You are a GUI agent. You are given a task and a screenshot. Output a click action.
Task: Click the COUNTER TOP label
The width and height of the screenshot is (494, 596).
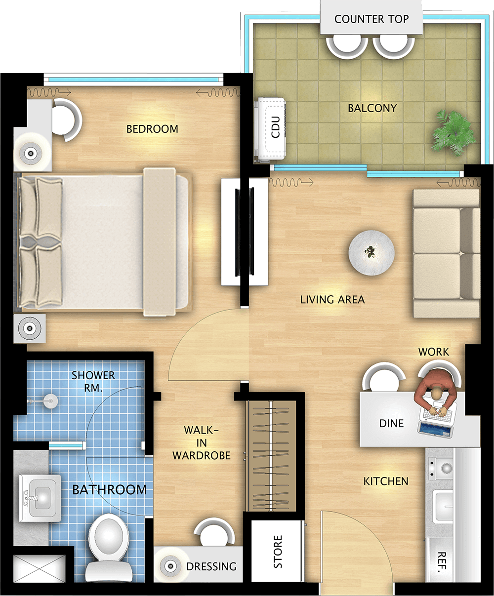(371, 19)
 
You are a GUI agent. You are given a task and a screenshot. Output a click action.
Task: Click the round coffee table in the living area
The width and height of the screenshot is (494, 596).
(371, 253)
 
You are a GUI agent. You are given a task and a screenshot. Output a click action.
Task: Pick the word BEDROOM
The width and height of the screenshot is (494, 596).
(152, 129)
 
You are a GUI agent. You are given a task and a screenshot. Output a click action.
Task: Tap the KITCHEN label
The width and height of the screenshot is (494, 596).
(386, 481)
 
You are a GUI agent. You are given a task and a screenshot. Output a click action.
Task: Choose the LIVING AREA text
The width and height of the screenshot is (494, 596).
(332, 299)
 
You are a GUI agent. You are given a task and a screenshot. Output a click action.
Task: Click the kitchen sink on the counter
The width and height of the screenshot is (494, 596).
(443, 506)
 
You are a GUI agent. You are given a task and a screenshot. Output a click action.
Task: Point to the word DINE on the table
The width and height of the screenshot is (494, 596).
(391, 423)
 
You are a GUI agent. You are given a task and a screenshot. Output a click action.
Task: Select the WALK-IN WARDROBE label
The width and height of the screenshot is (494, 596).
(202, 443)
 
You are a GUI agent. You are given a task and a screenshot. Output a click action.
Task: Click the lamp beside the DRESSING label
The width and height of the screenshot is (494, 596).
(170, 566)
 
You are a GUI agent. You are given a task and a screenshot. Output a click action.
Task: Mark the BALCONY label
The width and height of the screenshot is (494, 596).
(372, 108)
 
